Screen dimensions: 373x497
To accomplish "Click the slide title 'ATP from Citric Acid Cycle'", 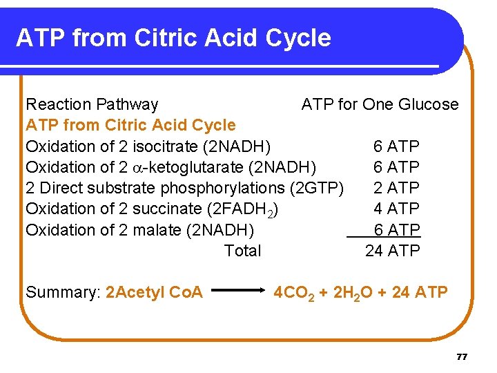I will tap(173, 38).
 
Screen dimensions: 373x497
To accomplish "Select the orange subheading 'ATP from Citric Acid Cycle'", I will tap(130, 125).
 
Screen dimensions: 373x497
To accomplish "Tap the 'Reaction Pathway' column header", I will tap(92, 104).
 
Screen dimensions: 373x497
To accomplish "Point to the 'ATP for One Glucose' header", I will tap(380, 104).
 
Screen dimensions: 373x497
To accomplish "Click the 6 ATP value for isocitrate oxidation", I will tap(396, 146).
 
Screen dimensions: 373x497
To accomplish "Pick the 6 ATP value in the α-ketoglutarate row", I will tap(396, 167).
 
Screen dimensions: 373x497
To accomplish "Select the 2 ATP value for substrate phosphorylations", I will tap(396, 188).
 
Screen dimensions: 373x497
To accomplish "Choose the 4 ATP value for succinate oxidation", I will tap(396, 209).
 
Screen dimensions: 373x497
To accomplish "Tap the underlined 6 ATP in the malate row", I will tap(396, 230).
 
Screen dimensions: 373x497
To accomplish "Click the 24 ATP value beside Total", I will tap(392, 251).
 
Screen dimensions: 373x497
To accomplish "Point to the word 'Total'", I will tap(243, 251).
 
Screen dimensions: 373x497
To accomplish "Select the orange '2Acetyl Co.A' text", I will tap(154, 292).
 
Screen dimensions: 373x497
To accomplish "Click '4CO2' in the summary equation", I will tap(293, 293).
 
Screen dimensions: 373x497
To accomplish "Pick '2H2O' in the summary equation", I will tap(351, 293).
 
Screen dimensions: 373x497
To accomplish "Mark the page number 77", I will tap(462, 356).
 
